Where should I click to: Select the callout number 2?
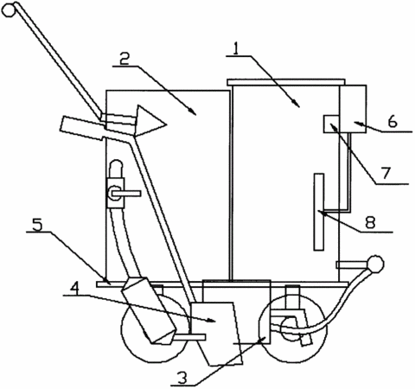[x=124, y=60]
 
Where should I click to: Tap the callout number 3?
[x=182, y=378]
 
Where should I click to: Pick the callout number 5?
[x=37, y=225]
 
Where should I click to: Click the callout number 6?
[x=393, y=122]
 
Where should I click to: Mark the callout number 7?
[x=386, y=173]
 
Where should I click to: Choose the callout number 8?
[x=371, y=222]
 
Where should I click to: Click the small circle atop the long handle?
[x=8, y=10]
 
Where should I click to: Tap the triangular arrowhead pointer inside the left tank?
[x=150, y=121]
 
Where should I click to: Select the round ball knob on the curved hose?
[x=375, y=264]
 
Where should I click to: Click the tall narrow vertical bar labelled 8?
[x=319, y=212]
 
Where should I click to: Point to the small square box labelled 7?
[x=331, y=124]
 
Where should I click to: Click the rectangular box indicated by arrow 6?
[x=353, y=109]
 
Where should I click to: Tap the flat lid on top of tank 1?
[x=286, y=82]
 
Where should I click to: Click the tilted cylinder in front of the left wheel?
[x=149, y=311]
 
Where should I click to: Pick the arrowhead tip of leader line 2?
[x=196, y=115]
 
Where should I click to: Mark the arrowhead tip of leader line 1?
[x=299, y=107]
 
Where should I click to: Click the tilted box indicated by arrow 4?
[x=216, y=334]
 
